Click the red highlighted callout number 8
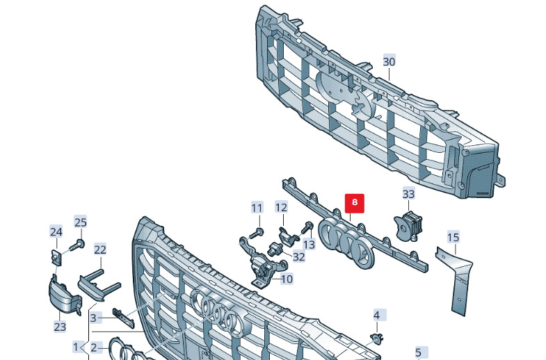(x=355, y=203)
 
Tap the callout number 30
(x=389, y=62)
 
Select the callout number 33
(x=408, y=194)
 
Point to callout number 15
(x=453, y=238)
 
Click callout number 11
(x=257, y=208)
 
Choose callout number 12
(x=281, y=207)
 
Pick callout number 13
(x=309, y=244)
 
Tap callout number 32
(x=299, y=256)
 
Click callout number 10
(x=287, y=279)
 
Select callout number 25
(x=81, y=222)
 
